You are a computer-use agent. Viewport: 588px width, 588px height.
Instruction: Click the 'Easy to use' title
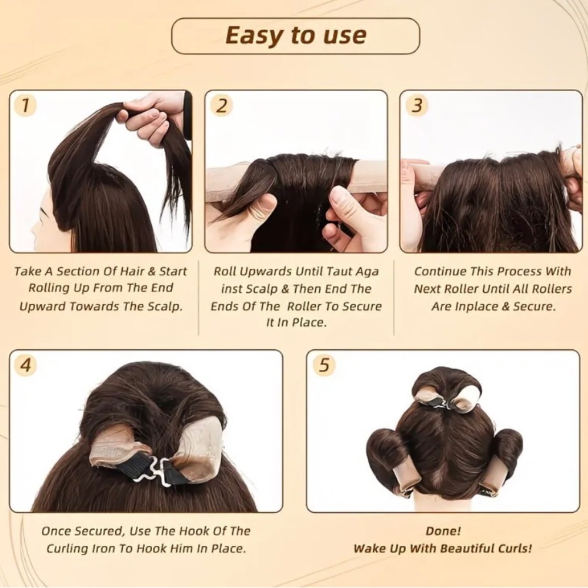click(x=296, y=36)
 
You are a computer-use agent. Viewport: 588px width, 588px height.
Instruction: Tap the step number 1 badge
click(x=25, y=105)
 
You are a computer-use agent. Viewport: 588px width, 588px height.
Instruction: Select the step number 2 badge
click(x=222, y=105)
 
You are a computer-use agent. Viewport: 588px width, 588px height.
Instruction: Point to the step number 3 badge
click(x=417, y=105)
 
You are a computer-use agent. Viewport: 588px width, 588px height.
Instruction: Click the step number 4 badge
click(x=25, y=365)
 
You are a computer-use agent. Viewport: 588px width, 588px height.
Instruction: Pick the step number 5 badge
click(x=323, y=365)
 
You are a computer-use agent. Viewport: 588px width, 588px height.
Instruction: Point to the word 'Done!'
click(x=443, y=531)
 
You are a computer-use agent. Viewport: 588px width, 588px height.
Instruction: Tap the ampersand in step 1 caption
click(x=152, y=271)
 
